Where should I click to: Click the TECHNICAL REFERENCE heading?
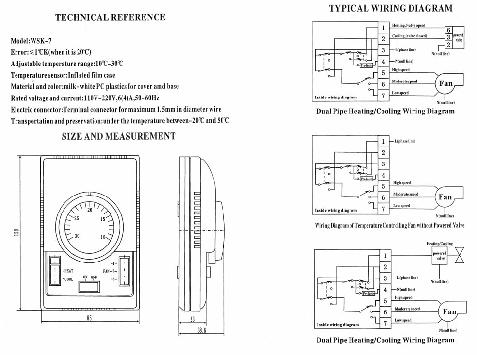pos(110,18)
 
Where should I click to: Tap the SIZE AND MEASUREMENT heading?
pos(118,136)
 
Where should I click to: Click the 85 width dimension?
pos(89,318)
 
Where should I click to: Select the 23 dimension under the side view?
pos(192,319)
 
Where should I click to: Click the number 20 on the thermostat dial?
pos(90,210)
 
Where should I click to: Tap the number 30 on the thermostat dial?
pos(77,236)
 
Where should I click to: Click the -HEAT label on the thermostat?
pos(67,271)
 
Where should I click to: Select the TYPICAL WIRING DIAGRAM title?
pos(391,8)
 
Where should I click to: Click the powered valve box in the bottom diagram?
pos(439,256)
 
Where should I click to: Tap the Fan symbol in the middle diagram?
pos(445,197)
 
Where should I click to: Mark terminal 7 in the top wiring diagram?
pos(383,95)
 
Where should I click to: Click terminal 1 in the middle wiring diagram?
pos(383,142)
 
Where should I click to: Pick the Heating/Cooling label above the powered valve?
pos(439,244)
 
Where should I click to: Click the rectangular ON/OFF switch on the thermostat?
pos(90,287)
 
